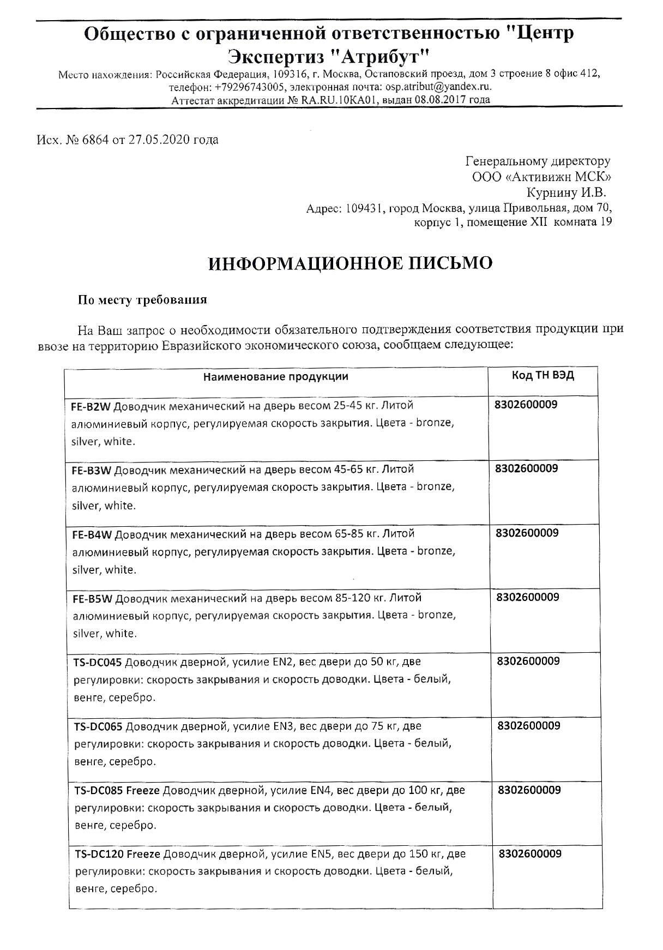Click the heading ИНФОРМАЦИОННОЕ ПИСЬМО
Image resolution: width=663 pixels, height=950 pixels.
(350, 263)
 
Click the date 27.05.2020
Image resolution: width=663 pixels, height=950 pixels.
(159, 140)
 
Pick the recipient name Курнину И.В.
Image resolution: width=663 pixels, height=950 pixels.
(566, 193)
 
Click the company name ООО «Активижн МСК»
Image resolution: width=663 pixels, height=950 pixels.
(541, 177)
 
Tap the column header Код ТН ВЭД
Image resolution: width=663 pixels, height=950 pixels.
(543, 376)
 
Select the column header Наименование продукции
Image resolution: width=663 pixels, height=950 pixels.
(276, 377)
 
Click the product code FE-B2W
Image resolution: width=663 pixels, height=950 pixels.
(91, 406)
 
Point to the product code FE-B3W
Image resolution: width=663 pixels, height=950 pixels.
(91, 470)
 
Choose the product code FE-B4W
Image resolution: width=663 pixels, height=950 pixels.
(92, 534)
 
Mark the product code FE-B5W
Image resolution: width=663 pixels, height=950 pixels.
(92, 598)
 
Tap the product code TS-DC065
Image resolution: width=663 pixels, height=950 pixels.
(99, 726)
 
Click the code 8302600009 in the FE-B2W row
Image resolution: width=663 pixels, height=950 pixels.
(526, 405)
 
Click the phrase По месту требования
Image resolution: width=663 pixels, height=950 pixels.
(142, 299)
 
